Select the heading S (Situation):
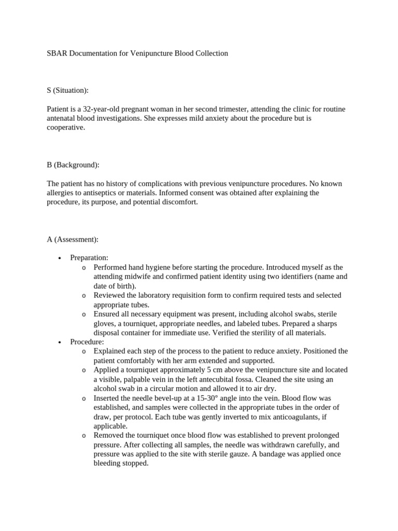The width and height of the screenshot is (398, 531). click(67, 90)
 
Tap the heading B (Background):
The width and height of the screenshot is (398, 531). click(73, 165)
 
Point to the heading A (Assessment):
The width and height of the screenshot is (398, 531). click(73, 239)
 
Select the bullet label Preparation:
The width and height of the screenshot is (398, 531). click(89, 258)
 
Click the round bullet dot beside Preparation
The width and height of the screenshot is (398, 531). click(61, 258)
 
